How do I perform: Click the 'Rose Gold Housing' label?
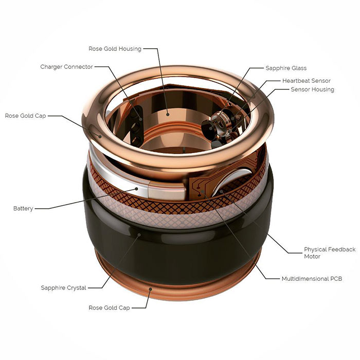(x=115, y=49)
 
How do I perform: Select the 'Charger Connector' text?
(x=67, y=67)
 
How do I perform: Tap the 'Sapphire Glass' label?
(x=286, y=68)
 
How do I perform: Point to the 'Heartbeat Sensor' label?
(x=306, y=81)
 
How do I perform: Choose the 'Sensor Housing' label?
(x=312, y=89)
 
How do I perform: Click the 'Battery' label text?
(x=23, y=208)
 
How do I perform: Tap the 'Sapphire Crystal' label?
(x=64, y=287)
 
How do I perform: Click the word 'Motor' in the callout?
(x=312, y=256)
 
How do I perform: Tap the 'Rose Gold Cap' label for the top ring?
(x=26, y=116)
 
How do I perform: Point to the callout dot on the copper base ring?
(x=150, y=289)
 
